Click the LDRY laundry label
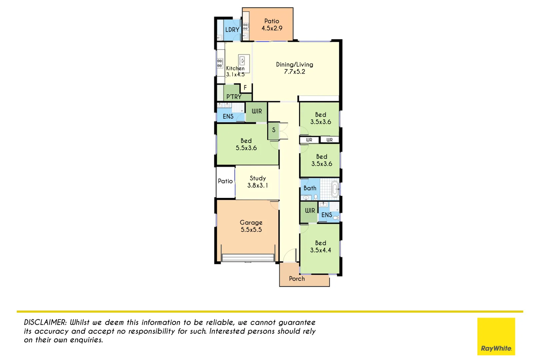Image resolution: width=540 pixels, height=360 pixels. pyautogui.click(x=232, y=30)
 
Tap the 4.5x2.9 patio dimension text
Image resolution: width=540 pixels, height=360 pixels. pyautogui.click(x=272, y=28)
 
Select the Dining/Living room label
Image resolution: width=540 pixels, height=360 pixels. pyautogui.click(x=294, y=64)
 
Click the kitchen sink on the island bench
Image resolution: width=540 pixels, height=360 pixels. pyautogui.click(x=243, y=61)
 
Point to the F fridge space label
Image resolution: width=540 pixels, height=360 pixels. pyautogui.click(x=245, y=88)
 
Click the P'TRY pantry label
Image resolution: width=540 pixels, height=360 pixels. pyautogui.click(x=234, y=97)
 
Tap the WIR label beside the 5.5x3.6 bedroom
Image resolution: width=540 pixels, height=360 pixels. pyautogui.click(x=257, y=111)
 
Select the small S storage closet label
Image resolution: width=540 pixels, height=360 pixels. pyautogui.click(x=274, y=130)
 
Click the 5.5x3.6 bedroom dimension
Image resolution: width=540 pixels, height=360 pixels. pyautogui.click(x=246, y=148)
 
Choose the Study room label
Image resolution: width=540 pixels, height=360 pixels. pyautogui.click(x=258, y=178)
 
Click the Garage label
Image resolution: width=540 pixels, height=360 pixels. pyautogui.click(x=251, y=222)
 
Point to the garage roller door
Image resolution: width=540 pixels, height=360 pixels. pyautogui.click(x=247, y=258)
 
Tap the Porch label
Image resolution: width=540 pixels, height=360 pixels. pyautogui.click(x=297, y=279)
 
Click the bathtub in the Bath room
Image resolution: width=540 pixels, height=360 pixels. pyautogui.click(x=335, y=189)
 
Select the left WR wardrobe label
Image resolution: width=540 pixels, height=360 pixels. pyautogui.click(x=309, y=140)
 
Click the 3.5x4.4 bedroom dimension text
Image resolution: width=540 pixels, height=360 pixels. pyautogui.click(x=320, y=250)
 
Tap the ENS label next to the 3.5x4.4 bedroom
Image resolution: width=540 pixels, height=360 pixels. pyautogui.click(x=327, y=215)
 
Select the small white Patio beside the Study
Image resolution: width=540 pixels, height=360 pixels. pyautogui.click(x=225, y=181)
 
